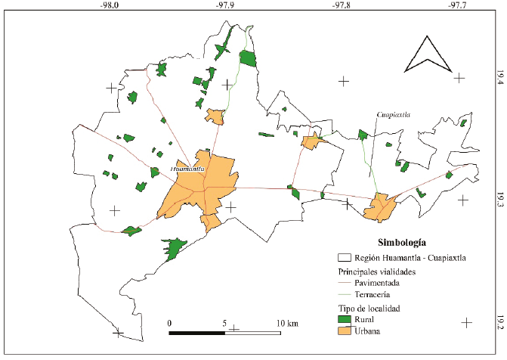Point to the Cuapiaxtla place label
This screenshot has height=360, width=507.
click(x=393, y=114)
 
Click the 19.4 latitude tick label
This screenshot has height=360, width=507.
click(x=499, y=78)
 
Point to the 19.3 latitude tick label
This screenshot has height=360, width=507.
click(x=499, y=200)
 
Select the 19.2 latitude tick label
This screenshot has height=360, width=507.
click(x=499, y=322)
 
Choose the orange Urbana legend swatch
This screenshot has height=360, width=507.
click(x=345, y=332)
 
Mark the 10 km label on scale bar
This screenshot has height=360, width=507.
click(x=287, y=324)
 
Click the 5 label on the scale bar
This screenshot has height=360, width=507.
click(x=225, y=324)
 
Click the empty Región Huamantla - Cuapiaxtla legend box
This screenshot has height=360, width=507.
click(x=345, y=257)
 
